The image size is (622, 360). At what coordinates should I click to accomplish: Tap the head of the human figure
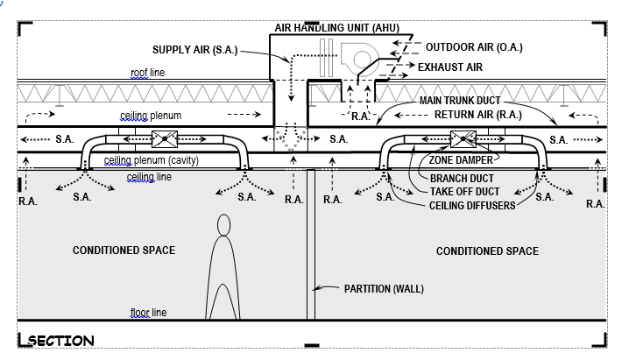click(x=223, y=226)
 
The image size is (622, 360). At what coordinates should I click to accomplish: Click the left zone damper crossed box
click(x=165, y=140)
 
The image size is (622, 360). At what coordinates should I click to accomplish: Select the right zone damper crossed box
click(x=463, y=140)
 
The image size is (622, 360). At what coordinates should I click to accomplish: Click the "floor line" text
click(x=145, y=313)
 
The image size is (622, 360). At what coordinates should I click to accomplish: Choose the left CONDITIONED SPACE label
click(x=124, y=251)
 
